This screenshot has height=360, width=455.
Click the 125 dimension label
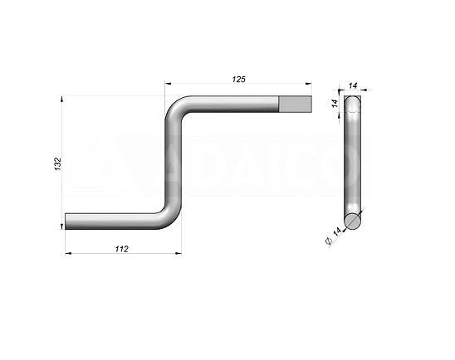click(239, 79)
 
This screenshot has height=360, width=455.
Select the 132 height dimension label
click(58, 163)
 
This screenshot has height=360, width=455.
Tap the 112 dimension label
click(121, 249)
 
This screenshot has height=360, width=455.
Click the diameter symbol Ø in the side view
click(329, 241)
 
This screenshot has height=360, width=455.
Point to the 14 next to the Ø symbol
click(336, 232)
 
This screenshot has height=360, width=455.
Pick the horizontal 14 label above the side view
click(353, 85)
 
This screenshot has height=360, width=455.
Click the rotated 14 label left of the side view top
click(335, 104)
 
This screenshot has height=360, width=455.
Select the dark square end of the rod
click(295, 104)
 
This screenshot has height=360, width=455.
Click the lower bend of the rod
click(169, 216)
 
